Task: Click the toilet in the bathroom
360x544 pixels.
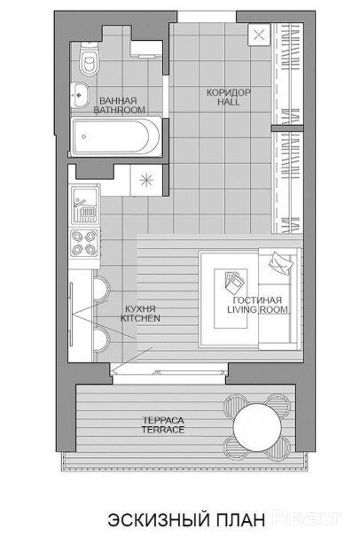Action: coord(88,58)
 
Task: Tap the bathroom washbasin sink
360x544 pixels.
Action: coord(80,95)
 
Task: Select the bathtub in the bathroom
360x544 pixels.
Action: coord(116,136)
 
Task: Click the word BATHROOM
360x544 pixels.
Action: coord(120,110)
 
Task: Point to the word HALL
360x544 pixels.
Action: coord(229,102)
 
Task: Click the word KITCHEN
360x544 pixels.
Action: coord(140,318)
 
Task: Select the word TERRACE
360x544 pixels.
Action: coord(163,430)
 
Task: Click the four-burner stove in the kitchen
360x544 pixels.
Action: coord(84,243)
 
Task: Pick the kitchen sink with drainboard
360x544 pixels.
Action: coord(84,205)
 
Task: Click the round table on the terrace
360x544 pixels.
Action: coord(257,427)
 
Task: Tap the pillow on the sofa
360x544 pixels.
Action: coord(281,262)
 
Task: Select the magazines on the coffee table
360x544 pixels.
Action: coord(235,282)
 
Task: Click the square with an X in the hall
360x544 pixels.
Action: coord(259,35)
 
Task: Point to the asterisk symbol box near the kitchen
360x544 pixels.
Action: coord(145,180)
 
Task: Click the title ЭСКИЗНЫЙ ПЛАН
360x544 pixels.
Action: coord(186,520)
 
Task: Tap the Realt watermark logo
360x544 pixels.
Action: coord(307,518)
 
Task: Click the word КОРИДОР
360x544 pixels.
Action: coord(229,93)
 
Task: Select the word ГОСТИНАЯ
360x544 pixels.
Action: coord(258,300)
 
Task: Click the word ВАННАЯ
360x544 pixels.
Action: coord(118,101)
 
